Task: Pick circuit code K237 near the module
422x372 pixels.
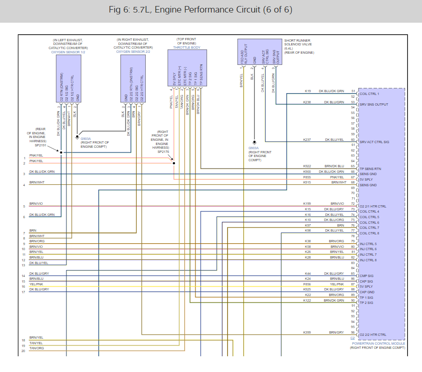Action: [307, 139]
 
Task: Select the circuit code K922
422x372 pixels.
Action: [307, 166]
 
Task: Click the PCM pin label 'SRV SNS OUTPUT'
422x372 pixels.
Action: [374, 104]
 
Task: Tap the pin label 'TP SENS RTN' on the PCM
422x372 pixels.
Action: [370, 169]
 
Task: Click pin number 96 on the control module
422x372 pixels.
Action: [353, 333]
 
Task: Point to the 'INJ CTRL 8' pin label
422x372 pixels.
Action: [369, 260]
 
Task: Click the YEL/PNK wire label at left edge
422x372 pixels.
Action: [36, 284]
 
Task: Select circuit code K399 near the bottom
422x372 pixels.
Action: [307, 332]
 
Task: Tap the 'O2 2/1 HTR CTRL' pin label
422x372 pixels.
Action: [373, 206]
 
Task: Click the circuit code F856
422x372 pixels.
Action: [307, 284]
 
